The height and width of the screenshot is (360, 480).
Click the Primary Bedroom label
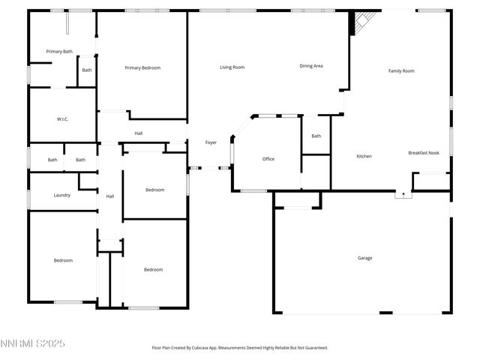(142, 68)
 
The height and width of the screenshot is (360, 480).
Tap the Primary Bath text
(59, 52)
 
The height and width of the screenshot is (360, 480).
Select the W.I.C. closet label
(63, 119)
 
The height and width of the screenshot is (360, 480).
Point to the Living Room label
(232, 67)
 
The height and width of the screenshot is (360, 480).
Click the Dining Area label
(311, 66)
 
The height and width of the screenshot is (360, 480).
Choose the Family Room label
(401, 71)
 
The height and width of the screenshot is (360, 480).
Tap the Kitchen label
(364, 156)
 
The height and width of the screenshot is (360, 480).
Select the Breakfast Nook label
(424, 153)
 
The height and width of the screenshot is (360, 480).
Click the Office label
(268, 159)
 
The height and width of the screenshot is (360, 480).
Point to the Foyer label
(211, 142)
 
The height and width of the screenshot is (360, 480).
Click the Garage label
(364, 258)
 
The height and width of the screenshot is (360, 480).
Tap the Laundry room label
(62, 196)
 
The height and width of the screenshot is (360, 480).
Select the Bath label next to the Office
(316, 136)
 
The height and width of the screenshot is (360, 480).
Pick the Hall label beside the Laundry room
(110, 196)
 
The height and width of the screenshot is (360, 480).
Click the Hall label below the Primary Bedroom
(139, 134)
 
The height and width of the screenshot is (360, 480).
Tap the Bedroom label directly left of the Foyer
(154, 190)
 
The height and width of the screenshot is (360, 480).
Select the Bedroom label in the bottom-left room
(63, 260)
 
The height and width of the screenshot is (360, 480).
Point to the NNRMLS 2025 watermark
(33, 343)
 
